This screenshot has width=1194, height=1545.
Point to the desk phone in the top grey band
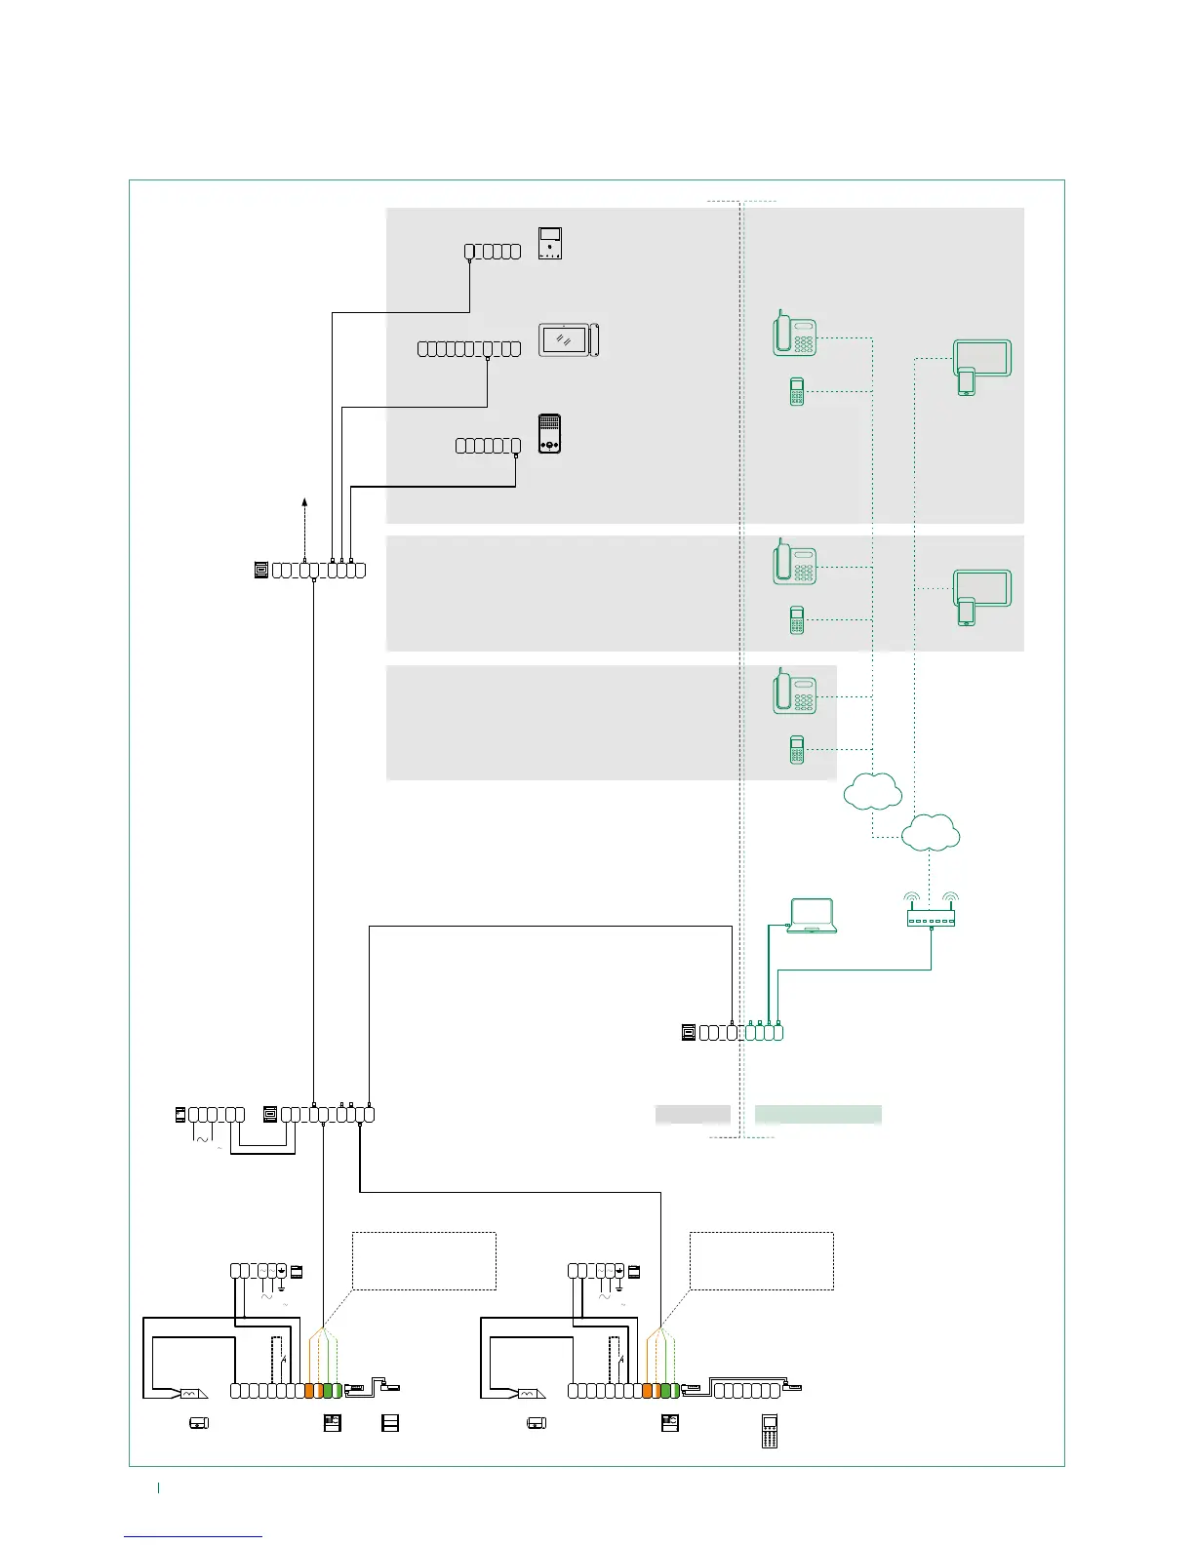pyautogui.click(x=794, y=334)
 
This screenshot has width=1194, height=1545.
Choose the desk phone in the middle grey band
pyautogui.click(x=794, y=562)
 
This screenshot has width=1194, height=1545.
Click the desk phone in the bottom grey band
pyautogui.click(x=794, y=692)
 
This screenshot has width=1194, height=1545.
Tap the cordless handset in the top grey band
pyautogui.click(x=797, y=391)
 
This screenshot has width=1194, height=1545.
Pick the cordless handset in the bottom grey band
pyautogui.click(x=797, y=750)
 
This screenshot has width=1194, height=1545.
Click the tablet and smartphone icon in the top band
pyautogui.click(x=980, y=367)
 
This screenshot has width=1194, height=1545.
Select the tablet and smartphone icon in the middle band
pyautogui.click(x=980, y=597)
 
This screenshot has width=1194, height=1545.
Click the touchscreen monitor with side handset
pyautogui.click(x=569, y=339)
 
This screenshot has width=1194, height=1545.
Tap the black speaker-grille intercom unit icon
pyautogui.click(x=550, y=433)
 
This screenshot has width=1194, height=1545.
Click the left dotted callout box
pyautogui.click(x=423, y=1261)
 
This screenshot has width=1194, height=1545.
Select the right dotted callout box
pyautogui.click(x=762, y=1261)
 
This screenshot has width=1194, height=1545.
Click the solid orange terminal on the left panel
pyautogui.click(x=309, y=1390)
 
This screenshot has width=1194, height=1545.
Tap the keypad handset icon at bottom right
pyautogui.click(x=770, y=1429)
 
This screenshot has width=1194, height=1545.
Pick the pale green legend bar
pyautogui.click(x=818, y=1114)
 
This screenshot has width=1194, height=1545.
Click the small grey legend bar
pyautogui.click(x=693, y=1114)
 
